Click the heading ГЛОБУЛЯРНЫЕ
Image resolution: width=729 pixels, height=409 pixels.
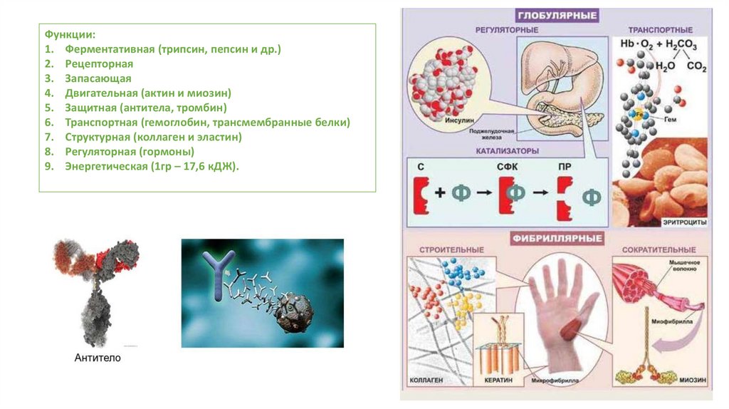pyautogui.click(x=557, y=15)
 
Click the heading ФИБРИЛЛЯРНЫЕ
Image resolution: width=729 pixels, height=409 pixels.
pyautogui.click(x=557, y=238)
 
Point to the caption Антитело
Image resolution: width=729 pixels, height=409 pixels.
pyautogui.click(x=98, y=358)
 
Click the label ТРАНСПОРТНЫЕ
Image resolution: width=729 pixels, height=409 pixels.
pyautogui.click(x=660, y=31)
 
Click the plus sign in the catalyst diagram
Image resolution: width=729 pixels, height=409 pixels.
pyautogui.click(x=441, y=194)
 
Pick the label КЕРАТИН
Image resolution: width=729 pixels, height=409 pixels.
pyautogui.click(x=498, y=380)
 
